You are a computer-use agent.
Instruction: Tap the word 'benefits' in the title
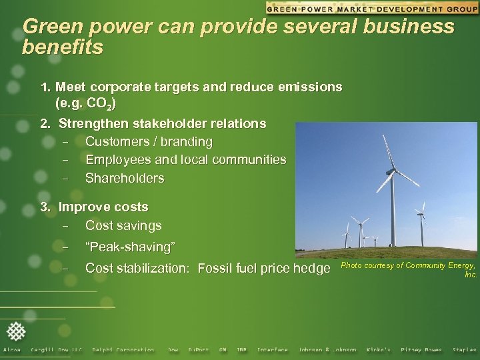click(x=63, y=48)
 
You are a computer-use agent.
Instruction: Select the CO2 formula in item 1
click(x=102, y=104)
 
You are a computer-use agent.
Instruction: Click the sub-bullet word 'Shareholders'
click(x=125, y=179)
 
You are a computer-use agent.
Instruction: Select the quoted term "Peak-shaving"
click(x=131, y=247)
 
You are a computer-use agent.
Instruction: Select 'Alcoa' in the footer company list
click(x=12, y=350)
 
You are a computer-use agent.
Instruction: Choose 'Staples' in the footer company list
click(x=465, y=350)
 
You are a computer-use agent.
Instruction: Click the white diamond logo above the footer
click(x=16, y=331)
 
